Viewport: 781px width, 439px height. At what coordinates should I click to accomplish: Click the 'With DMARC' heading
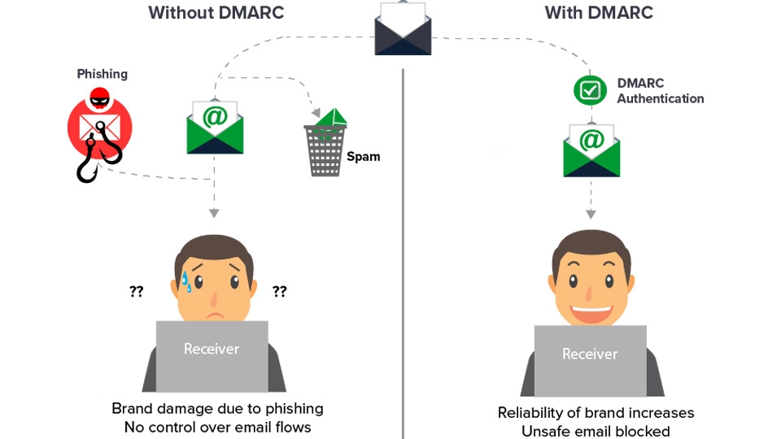[598, 13]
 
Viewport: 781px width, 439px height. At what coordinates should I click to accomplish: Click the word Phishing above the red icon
[102, 74]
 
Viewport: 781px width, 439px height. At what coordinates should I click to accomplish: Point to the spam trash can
[326, 146]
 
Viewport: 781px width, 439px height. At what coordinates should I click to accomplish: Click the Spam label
[363, 156]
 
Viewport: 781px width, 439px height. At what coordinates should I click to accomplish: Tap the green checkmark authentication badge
[590, 90]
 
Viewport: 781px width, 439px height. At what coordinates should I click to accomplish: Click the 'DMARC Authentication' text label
[660, 91]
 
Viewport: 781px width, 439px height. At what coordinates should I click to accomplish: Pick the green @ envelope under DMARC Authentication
[591, 150]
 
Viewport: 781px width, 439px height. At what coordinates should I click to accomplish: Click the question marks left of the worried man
[136, 291]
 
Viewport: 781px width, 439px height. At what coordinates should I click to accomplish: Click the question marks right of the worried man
[279, 291]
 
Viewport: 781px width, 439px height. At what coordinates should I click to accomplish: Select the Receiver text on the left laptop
[212, 349]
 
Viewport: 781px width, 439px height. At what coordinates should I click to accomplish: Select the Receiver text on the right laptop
[590, 354]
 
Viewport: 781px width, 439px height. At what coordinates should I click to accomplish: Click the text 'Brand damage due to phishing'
[217, 408]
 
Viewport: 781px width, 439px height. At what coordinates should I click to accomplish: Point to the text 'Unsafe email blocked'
[596, 431]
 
